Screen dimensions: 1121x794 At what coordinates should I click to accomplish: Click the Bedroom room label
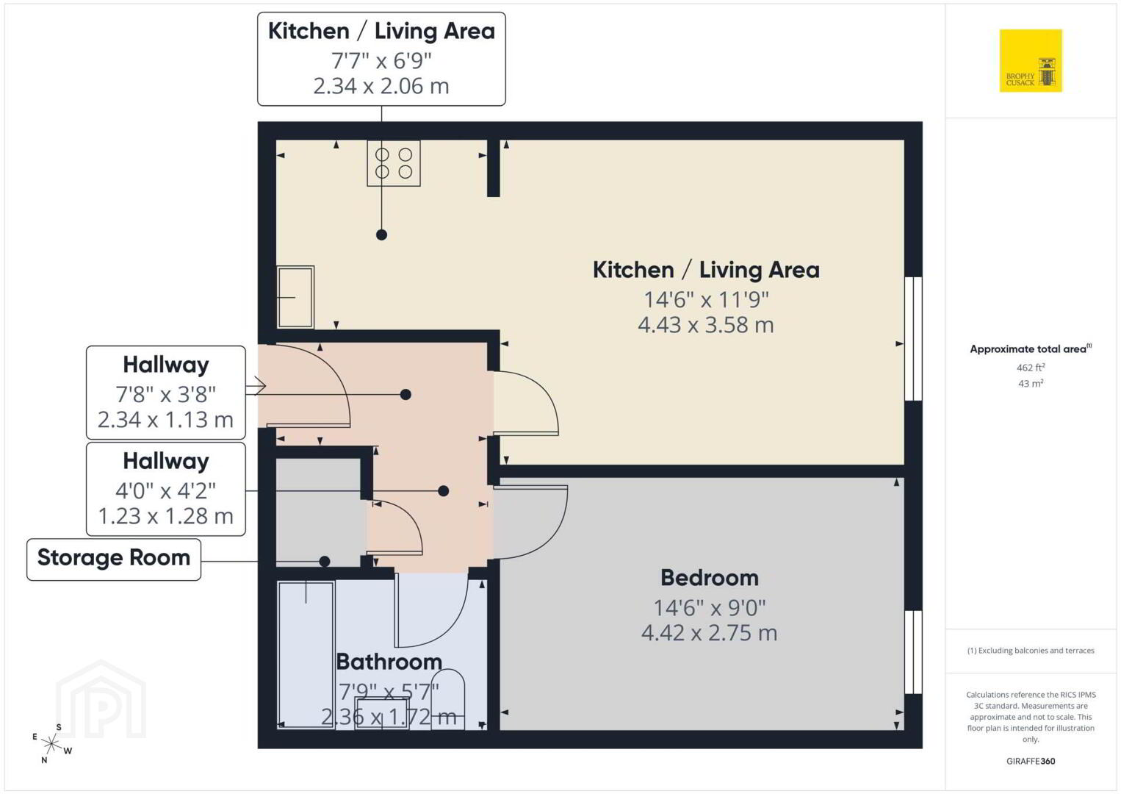[x=710, y=578]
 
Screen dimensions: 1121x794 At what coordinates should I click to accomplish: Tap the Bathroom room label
[x=389, y=662]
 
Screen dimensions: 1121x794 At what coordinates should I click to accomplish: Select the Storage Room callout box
[x=114, y=559]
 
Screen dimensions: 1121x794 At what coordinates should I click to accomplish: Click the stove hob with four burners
[x=393, y=163]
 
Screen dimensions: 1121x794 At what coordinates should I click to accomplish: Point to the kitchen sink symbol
[x=295, y=297]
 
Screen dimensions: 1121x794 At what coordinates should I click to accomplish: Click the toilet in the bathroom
[x=448, y=699]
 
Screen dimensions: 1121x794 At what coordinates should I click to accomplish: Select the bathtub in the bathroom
[x=306, y=655]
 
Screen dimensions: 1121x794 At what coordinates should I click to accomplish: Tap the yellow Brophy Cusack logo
[x=1031, y=60]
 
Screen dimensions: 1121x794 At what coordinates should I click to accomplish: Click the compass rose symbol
[x=51, y=744]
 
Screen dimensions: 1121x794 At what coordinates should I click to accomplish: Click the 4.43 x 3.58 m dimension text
[x=706, y=326]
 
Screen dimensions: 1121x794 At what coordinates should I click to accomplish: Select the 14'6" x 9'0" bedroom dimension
[x=710, y=608]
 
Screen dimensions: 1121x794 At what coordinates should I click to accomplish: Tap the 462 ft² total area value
[x=1031, y=368]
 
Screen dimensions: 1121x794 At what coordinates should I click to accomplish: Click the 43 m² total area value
[x=1031, y=384]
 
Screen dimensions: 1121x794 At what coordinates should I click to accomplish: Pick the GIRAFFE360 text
[x=1031, y=762]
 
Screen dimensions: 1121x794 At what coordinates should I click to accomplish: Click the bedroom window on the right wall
[x=913, y=652]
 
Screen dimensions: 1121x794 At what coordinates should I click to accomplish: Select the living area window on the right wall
[x=913, y=339]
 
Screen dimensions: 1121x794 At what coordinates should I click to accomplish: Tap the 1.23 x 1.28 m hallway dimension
[x=165, y=517]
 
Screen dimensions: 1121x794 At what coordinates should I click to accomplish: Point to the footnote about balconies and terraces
[x=1031, y=651]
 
